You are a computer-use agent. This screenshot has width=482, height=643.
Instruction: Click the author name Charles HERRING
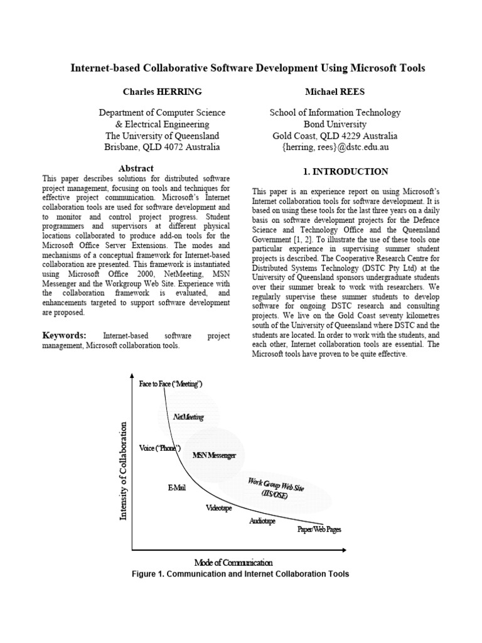click(x=162, y=92)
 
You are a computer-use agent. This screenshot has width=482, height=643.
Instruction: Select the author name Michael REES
click(x=335, y=92)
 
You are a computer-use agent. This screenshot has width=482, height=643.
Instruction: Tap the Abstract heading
click(x=136, y=168)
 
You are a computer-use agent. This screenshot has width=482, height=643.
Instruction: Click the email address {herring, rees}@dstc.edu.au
click(x=335, y=147)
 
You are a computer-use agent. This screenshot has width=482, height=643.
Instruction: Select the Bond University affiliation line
click(x=335, y=124)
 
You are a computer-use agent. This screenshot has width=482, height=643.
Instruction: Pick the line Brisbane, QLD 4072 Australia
click(x=162, y=147)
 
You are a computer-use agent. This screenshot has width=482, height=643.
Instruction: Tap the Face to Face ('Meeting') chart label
click(x=171, y=384)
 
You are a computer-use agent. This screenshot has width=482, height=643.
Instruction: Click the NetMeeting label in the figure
click(x=188, y=417)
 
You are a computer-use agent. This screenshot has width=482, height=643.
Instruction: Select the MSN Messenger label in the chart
click(x=214, y=455)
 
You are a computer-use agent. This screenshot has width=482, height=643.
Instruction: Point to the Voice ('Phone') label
click(x=160, y=448)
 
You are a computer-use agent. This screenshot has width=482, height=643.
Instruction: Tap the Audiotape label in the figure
click(x=262, y=521)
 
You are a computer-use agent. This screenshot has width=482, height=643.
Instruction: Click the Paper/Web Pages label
click(x=319, y=529)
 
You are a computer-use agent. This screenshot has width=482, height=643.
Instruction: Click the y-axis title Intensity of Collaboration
click(x=124, y=471)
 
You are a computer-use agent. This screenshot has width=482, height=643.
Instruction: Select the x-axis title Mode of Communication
click(x=233, y=562)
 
